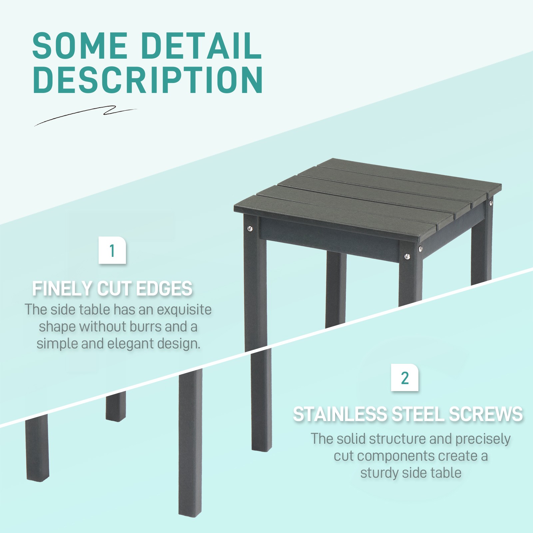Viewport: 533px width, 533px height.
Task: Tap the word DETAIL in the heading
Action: (202, 46)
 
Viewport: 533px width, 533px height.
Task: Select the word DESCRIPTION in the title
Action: (148, 80)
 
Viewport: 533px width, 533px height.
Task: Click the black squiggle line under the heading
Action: (85, 115)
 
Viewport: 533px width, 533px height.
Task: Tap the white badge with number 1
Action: (112, 251)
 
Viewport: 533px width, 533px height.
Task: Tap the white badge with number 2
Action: (404, 378)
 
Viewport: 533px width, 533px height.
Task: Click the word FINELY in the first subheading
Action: (62, 288)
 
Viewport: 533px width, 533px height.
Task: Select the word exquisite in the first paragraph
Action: (184, 310)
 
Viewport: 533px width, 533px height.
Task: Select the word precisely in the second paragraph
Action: (483, 439)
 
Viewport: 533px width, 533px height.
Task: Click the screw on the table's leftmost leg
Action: (250, 228)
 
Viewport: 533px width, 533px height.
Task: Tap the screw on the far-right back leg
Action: (491, 202)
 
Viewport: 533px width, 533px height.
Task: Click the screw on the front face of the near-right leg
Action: (407, 256)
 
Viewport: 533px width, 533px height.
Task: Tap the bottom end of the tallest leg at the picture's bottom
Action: (190, 513)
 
